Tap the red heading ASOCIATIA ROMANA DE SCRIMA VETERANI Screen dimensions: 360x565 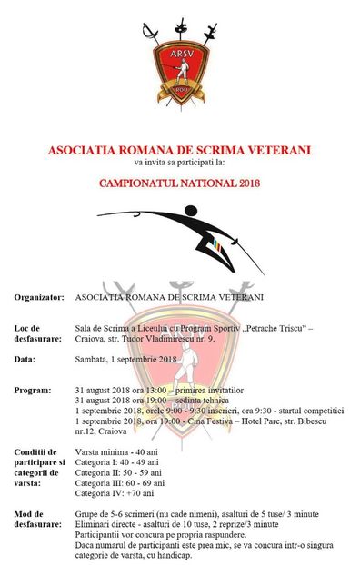click(x=180, y=150)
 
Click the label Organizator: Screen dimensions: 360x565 click(x=38, y=297)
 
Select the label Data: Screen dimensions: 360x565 click(x=25, y=360)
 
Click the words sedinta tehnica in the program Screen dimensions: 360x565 click(x=200, y=400)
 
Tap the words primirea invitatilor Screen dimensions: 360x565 click(x=205, y=390)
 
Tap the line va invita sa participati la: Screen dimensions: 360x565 click(x=179, y=163)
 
